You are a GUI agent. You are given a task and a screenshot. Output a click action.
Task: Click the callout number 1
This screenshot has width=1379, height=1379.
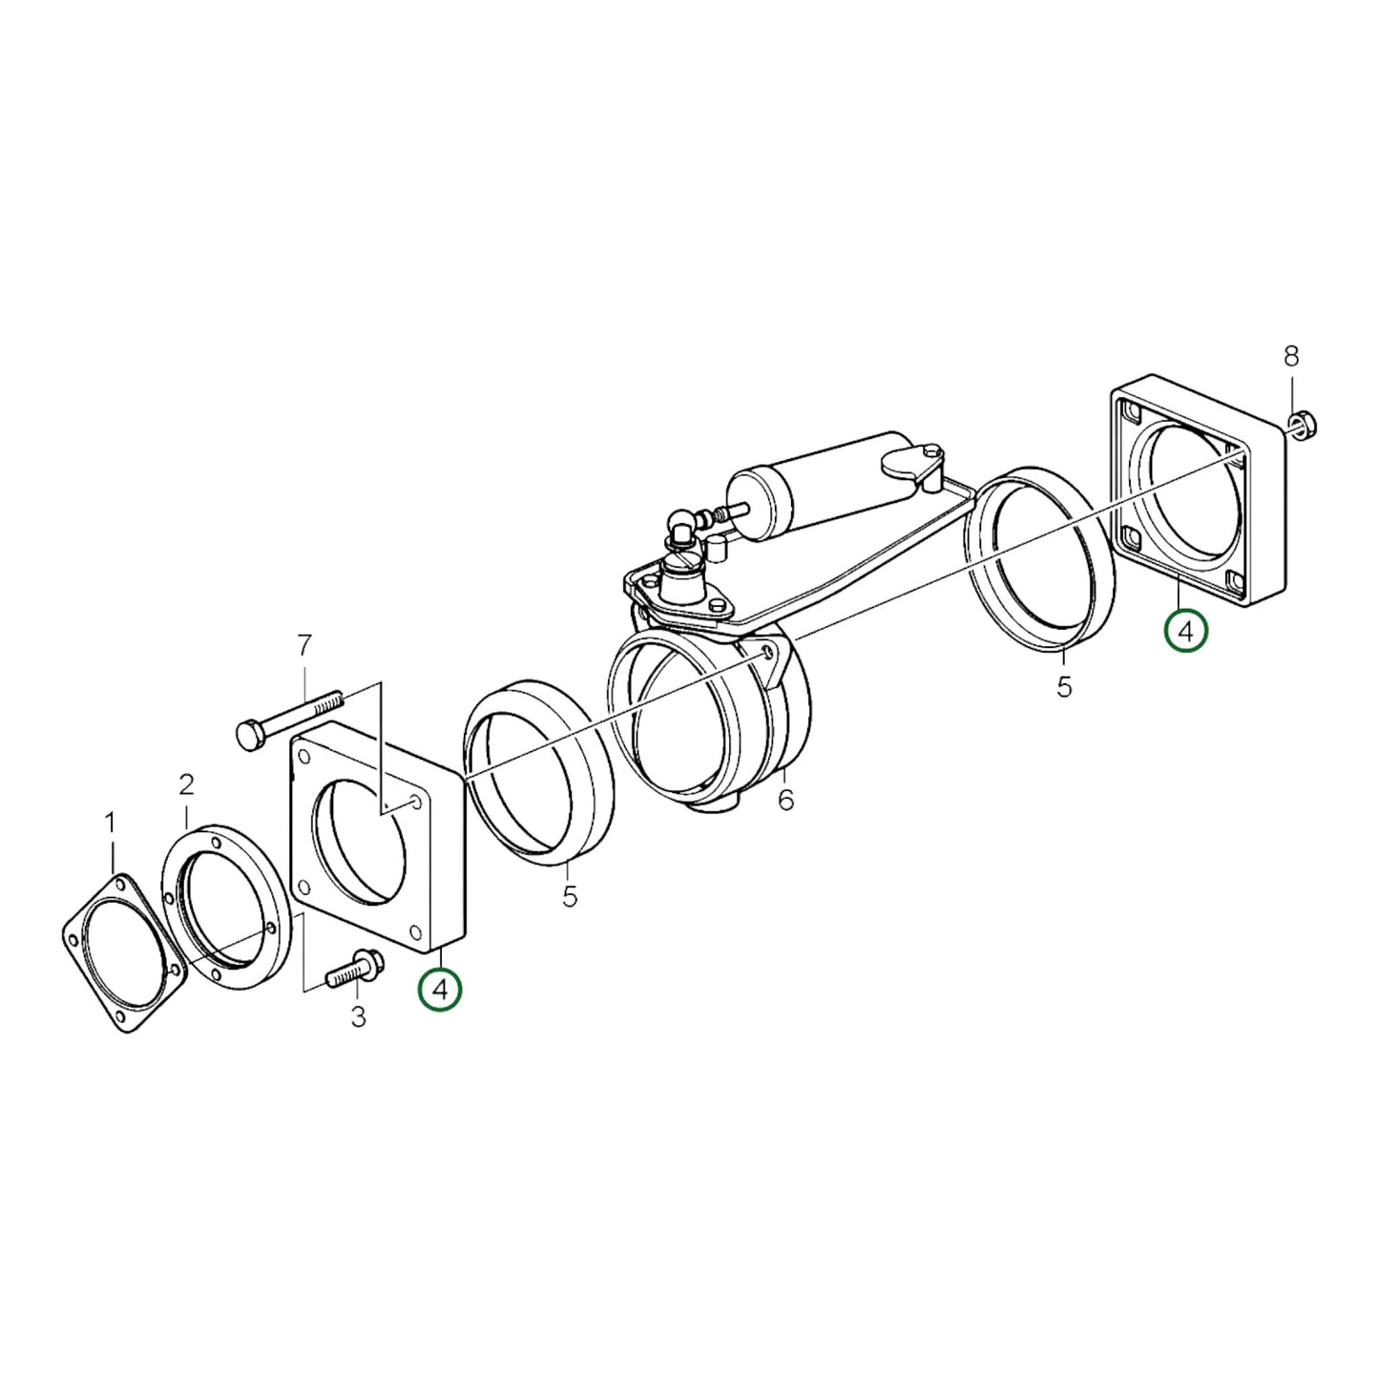point(110,822)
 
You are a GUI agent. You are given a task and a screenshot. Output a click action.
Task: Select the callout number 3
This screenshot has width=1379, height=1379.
point(358,1018)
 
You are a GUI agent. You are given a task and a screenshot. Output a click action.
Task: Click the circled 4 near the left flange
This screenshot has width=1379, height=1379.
point(440,991)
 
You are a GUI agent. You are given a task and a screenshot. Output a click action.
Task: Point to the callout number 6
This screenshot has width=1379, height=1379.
point(785,800)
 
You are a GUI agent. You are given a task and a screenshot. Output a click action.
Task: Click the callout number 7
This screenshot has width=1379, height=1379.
point(303,646)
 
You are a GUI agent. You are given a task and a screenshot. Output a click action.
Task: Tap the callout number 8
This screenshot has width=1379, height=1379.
point(1290,356)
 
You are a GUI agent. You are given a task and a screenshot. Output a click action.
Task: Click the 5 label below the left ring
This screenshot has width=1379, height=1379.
point(570,898)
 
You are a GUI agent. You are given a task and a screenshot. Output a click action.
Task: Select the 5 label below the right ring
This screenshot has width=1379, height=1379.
point(1064,686)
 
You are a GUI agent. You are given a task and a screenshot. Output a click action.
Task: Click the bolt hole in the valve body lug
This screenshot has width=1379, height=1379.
point(769,654)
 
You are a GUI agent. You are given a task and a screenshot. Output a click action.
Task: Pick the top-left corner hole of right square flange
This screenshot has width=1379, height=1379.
point(1133,412)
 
